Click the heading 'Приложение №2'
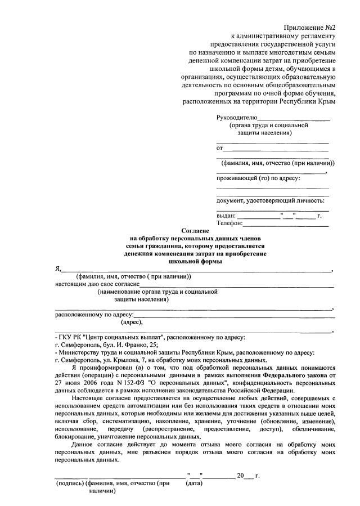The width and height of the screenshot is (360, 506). click(310, 28)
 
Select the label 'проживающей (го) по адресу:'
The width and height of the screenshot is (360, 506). click(258, 178)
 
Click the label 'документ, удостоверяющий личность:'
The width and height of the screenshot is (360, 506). click(270, 200)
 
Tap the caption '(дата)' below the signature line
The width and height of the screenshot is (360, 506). click(194, 483)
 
